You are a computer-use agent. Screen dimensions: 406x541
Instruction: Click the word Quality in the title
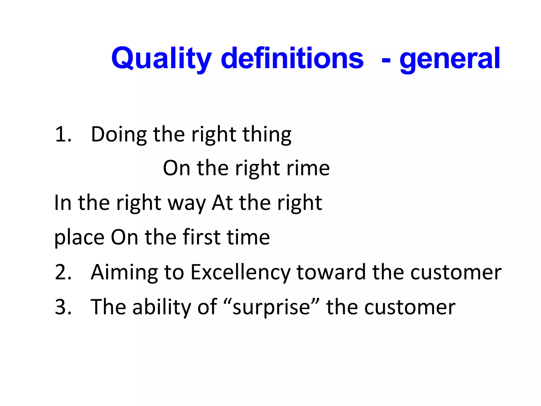coord(161,58)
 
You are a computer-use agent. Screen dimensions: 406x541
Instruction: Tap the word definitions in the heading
coord(292,58)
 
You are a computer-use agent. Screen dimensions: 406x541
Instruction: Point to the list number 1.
coord(63,134)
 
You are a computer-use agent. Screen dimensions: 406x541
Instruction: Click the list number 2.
coord(63,272)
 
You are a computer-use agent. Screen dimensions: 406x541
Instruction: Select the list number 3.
coord(63,307)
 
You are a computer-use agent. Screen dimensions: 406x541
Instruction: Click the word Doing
coord(119,134)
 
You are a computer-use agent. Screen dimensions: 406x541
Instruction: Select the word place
coord(79,237)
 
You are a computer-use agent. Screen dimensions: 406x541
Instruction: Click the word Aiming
coord(124,272)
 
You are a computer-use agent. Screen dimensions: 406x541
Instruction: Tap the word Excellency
coord(240,272)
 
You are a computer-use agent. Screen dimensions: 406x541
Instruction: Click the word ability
coord(161,307)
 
